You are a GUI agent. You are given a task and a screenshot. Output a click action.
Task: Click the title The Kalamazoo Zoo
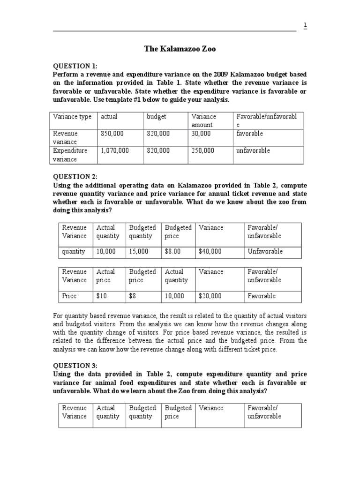click(180, 49)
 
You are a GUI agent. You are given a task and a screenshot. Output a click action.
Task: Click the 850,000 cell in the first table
click(112, 134)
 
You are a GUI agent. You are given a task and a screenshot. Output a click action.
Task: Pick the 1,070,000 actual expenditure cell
click(115, 150)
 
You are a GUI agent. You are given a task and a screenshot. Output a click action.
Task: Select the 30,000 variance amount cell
click(201, 134)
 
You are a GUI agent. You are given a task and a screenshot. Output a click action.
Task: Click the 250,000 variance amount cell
click(203, 150)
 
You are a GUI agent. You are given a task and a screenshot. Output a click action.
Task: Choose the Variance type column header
click(72, 116)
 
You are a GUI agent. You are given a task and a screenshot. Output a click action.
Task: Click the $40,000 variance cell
click(210, 251)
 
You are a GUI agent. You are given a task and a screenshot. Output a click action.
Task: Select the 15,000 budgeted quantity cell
click(138, 251)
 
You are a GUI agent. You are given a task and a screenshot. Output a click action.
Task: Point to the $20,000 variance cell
click(210, 296)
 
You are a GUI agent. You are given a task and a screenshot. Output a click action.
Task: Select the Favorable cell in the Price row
click(262, 296)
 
